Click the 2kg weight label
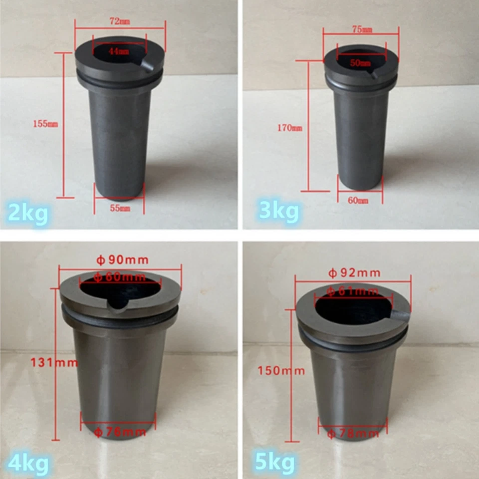click(x=28, y=213)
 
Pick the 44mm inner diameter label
click(x=118, y=51)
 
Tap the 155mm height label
click(x=45, y=124)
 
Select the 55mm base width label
click(x=120, y=208)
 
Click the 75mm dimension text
click(x=362, y=29)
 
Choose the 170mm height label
click(x=290, y=128)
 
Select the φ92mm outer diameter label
click(x=354, y=272)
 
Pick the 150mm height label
click(x=281, y=370)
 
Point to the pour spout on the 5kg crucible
click(x=400, y=315)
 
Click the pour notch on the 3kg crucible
click(x=373, y=74)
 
